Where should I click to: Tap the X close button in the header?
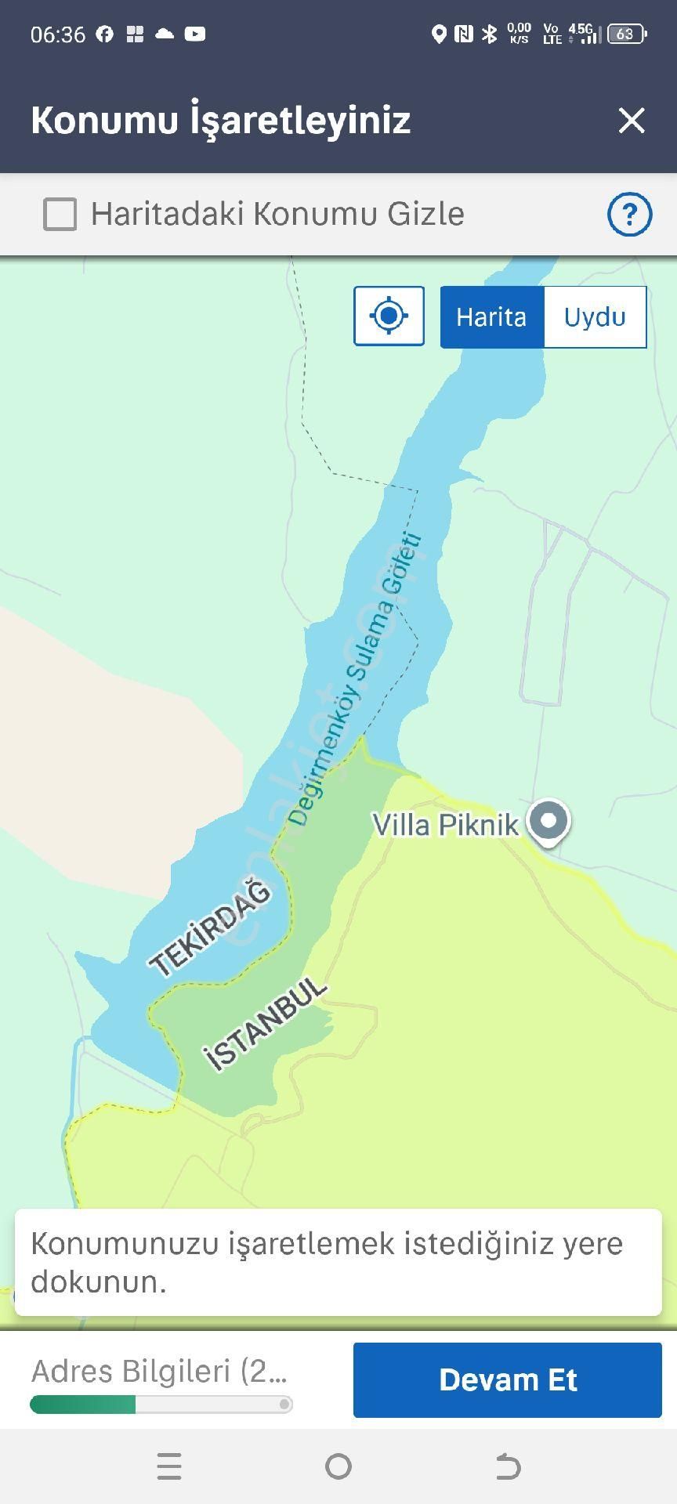coord(632,121)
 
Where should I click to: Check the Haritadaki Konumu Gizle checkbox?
coord(60,214)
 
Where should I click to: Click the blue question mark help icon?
coord(629,214)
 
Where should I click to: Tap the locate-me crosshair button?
coord(389,316)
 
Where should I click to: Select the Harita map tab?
coord(491,317)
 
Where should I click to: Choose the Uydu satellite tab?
coord(595,317)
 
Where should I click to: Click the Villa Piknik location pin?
coord(548,822)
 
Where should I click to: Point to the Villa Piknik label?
coord(444,825)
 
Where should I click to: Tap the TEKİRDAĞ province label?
coord(210,928)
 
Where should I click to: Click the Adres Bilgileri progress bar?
coord(161,1405)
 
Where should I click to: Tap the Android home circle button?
coord(338,1466)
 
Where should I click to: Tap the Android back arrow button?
coord(508,1466)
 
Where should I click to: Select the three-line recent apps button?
coord(169,1466)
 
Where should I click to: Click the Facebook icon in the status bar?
coord(105,34)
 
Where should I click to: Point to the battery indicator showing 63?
coord(626,34)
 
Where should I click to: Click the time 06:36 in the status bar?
coord(58,34)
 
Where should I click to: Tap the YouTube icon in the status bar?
coord(195,34)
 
